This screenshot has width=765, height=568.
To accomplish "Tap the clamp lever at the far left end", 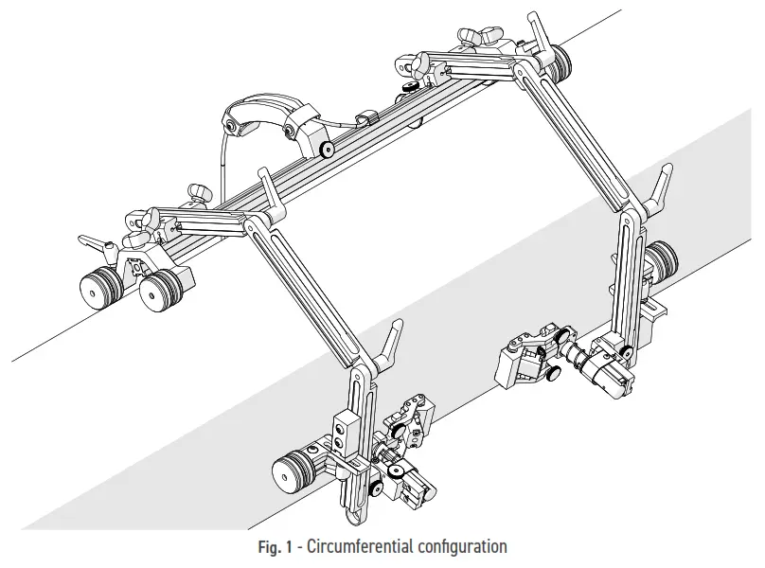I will click(96, 244).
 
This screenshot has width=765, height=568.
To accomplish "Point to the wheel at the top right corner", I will click(562, 62).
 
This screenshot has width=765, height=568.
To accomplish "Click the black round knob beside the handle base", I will click(327, 149).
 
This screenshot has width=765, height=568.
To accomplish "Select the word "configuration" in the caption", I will click(463, 547).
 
